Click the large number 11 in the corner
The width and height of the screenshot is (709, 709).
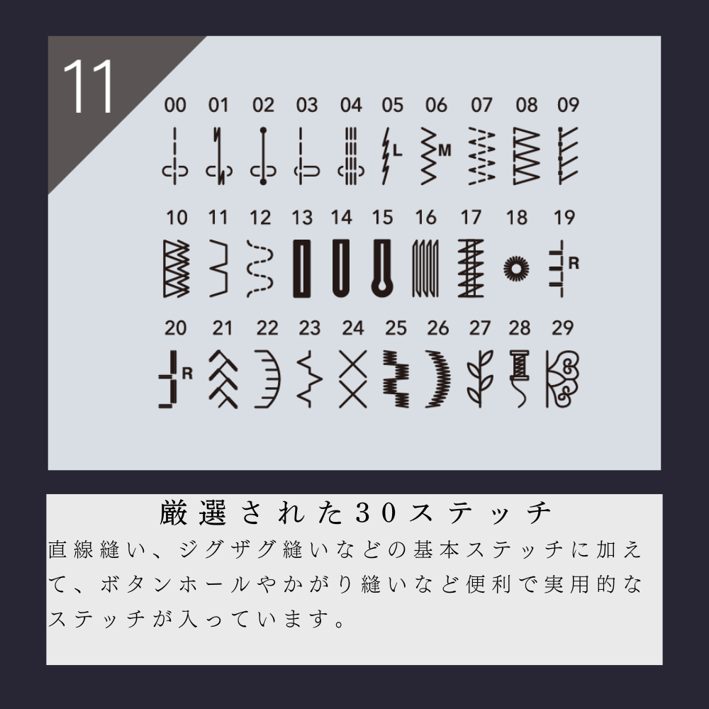(89, 86)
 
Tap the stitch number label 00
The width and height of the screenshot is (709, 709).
(174, 106)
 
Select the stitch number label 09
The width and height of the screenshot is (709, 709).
(568, 106)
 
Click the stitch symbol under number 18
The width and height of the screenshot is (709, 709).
(517, 268)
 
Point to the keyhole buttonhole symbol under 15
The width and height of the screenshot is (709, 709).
(382, 268)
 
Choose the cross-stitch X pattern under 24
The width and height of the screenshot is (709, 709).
(352, 379)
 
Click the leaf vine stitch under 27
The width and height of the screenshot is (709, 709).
(479, 379)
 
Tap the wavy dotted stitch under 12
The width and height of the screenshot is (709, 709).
(259, 268)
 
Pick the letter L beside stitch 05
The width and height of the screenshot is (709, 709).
(397, 150)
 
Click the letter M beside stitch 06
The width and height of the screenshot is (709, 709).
(445, 150)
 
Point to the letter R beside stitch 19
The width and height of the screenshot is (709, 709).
(574, 263)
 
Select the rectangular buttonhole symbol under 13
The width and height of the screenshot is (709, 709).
(302, 268)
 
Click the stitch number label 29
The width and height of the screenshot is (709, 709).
(563, 328)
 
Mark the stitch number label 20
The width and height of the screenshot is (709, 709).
(175, 328)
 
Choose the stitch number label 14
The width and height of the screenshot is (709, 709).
(342, 217)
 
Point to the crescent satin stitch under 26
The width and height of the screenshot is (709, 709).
(438, 379)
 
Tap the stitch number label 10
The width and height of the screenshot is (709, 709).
(175, 217)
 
